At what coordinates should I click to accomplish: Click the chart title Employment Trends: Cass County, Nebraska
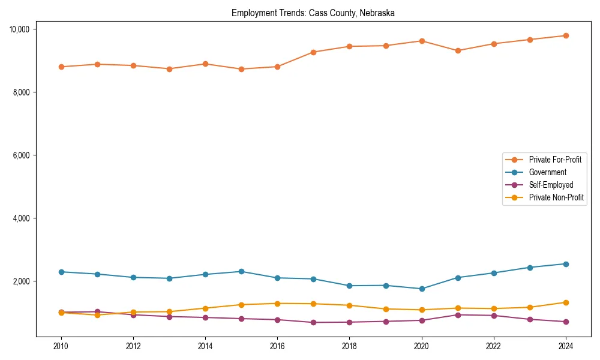[313, 13]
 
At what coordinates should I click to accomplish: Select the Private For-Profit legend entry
[550, 160]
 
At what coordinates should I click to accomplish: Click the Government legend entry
[547, 172]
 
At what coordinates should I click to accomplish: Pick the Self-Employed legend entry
[551, 185]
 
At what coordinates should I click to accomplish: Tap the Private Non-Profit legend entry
[556, 197]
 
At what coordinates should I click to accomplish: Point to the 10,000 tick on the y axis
[23, 29]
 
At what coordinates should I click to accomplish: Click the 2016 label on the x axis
[277, 346]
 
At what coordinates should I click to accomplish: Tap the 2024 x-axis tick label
[565, 346]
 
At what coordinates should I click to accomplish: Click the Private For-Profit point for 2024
[565, 35]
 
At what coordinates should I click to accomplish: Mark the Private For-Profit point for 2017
[313, 52]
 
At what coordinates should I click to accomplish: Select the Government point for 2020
[421, 289]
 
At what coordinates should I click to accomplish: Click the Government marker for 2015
[241, 271]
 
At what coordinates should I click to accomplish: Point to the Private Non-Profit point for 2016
[277, 304]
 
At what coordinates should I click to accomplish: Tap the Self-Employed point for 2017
[313, 322]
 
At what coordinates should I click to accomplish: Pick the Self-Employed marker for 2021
[457, 315]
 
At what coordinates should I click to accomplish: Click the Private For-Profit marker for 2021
[457, 50]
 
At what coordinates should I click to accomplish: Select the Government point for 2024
[565, 264]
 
